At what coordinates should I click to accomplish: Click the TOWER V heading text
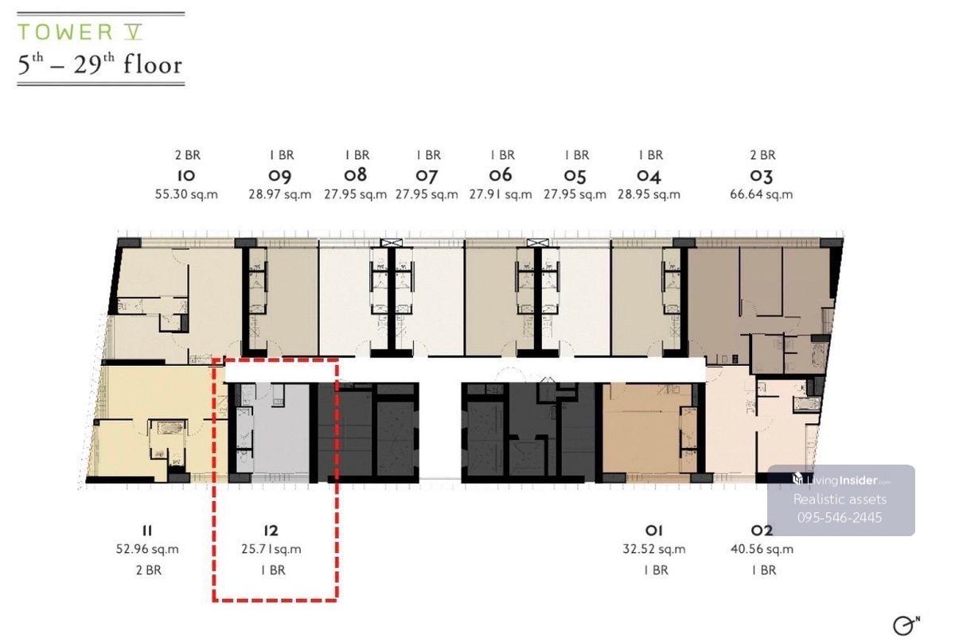[80, 32]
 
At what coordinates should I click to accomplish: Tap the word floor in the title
[153, 65]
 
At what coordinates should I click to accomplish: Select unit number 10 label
[186, 175]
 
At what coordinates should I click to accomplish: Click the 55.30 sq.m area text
[186, 194]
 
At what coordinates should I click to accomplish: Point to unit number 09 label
[279, 176]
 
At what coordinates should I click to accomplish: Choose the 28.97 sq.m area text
[279, 194]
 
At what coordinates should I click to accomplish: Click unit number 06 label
[500, 175]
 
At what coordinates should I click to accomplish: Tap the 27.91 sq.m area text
[501, 194]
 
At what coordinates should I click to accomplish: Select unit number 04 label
[649, 176]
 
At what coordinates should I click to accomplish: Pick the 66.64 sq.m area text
[761, 194]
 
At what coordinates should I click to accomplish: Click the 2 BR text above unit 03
[762, 155]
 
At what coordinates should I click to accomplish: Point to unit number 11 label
[146, 531]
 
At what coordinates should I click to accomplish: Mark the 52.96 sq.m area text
[147, 549]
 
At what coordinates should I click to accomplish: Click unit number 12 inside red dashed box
[271, 531]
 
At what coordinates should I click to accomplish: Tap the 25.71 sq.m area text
[271, 549]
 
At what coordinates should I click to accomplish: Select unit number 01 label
[653, 531]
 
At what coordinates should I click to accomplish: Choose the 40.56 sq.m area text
[762, 549]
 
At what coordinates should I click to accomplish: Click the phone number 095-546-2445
[840, 518]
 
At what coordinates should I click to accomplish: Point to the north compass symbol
[906, 626]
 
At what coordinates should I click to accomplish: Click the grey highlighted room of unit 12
[281, 430]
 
